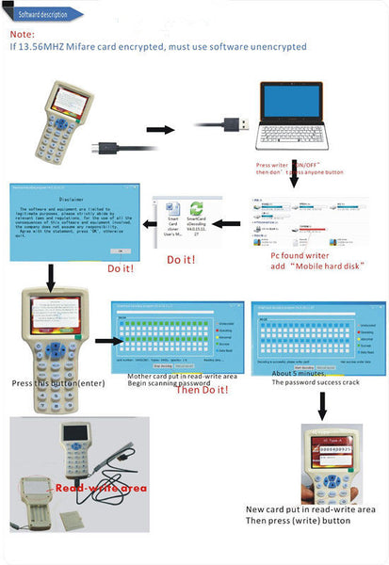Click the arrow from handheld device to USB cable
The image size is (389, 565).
click(x=159, y=127)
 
